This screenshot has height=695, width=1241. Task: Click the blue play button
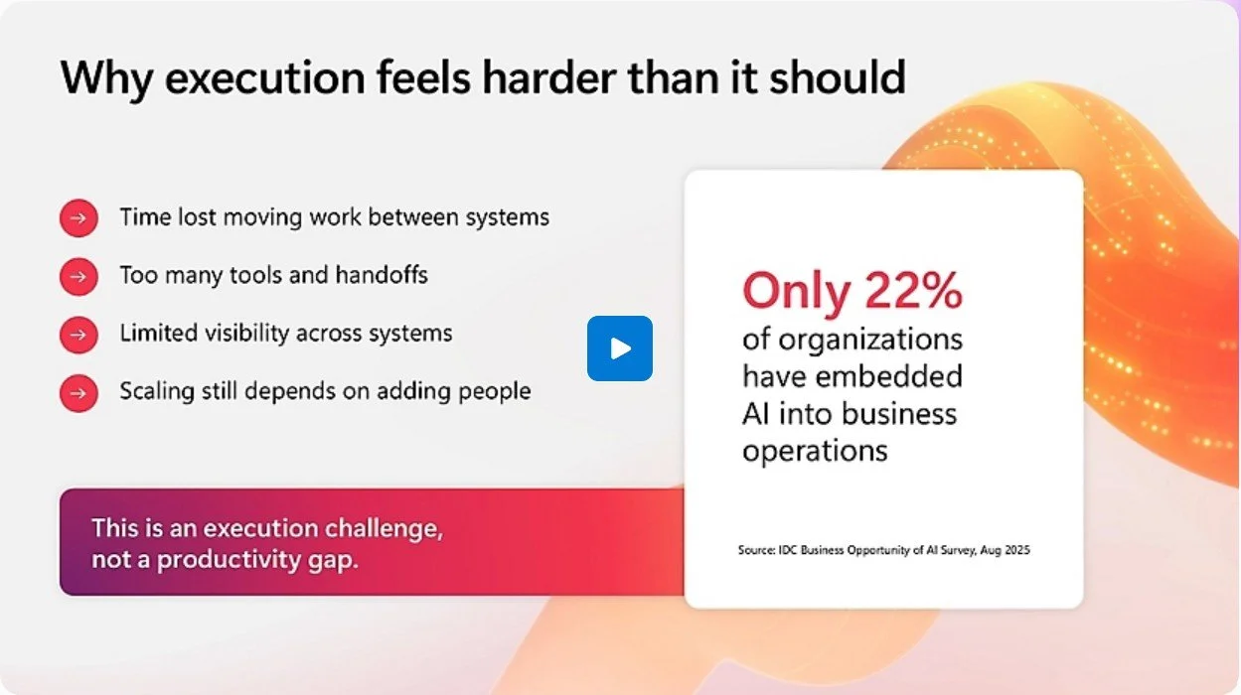click(619, 348)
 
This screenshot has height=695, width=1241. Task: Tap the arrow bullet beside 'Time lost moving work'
click(78, 218)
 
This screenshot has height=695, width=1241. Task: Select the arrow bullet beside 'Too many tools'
click(78, 276)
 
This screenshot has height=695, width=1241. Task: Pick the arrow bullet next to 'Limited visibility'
click(78, 335)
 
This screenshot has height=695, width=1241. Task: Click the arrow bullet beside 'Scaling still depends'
click(78, 393)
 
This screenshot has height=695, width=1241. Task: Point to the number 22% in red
click(913, 291)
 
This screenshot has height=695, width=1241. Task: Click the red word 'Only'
click(796, 293)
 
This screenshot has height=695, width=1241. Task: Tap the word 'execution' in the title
click(265, 77)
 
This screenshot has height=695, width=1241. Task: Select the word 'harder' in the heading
click(548, 76)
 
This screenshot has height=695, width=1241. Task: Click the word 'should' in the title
click(838, 76)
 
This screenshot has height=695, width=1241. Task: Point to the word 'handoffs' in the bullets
click(382, 275)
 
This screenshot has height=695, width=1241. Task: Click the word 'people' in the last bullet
click(494, 392)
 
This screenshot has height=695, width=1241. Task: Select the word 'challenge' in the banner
click(384, 529)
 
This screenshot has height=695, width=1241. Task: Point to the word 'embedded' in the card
click(889, 376)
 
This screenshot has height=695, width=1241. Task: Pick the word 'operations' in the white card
click(815, 452)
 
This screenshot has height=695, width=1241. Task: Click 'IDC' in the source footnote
click(787, 550)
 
